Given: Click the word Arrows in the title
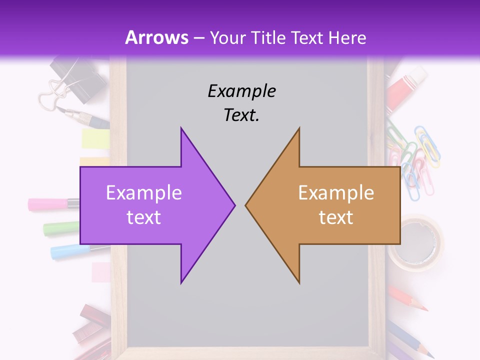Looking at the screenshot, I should [x=157, y=37].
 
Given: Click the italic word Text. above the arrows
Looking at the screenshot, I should [x=241, y=115].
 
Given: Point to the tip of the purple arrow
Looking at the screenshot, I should [x=234, y=204].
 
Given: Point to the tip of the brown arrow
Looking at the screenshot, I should [x=246, y=204].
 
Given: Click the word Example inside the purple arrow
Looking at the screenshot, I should [x=144, y=192].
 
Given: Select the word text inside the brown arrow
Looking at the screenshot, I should [x=336, y=217].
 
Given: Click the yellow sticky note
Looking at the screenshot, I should [x=95, y=138].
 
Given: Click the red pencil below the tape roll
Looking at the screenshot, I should [x=408, y=298].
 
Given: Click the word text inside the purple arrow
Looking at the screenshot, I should [x=144, y=217].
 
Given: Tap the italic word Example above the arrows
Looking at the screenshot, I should [x=241, y=91].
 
